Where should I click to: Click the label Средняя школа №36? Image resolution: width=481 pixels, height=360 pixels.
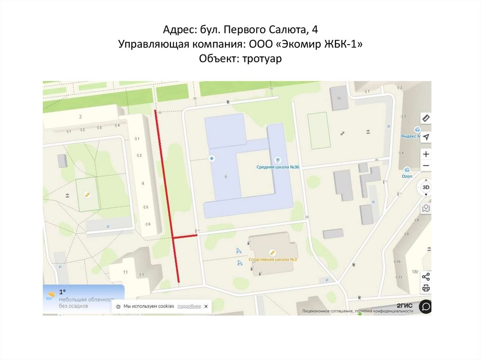278,167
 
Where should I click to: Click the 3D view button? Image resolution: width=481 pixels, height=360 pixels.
426,187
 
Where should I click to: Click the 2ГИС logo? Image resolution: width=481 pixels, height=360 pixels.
404,306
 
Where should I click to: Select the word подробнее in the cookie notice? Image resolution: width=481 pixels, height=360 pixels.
189,306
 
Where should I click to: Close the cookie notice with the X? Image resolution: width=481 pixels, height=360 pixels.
206,306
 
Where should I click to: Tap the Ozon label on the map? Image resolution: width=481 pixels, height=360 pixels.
407,176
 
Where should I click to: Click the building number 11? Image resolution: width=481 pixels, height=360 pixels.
125,272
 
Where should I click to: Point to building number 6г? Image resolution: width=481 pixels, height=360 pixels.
339,98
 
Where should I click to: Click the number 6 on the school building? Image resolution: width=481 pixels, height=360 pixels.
226,176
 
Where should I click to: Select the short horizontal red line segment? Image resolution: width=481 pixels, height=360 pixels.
185,237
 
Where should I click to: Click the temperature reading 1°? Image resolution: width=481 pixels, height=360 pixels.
62,292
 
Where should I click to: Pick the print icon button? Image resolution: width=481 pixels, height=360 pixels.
426,288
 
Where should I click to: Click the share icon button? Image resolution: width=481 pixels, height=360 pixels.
426,276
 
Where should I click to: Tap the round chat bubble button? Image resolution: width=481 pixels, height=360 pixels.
425,306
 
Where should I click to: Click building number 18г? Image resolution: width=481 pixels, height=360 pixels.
415,271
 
